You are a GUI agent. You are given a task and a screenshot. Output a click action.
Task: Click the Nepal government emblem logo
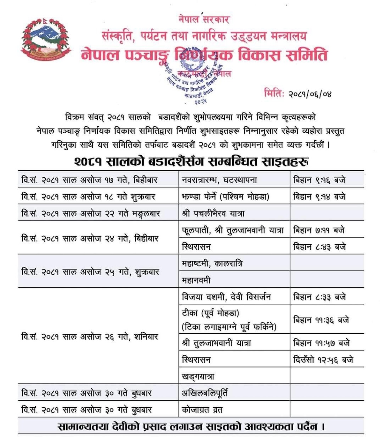45,40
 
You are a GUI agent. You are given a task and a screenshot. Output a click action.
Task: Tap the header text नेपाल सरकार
204,19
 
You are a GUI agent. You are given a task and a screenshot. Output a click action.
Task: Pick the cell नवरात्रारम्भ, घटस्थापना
219,180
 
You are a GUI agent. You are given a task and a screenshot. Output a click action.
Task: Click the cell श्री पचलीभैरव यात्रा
213,213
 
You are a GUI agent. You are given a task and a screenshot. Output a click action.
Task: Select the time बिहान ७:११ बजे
319,230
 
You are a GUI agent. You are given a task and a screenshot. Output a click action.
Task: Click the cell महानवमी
196,280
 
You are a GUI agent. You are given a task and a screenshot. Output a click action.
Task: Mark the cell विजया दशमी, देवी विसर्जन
226,297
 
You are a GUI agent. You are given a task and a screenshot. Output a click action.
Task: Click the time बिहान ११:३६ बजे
321,320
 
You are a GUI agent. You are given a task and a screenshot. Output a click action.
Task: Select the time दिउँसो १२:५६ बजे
323,360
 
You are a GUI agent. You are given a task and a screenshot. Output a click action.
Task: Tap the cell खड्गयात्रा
198,377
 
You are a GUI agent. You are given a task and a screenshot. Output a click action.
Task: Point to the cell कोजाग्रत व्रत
202,410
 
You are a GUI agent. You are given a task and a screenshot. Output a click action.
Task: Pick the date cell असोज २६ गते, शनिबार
90,337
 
